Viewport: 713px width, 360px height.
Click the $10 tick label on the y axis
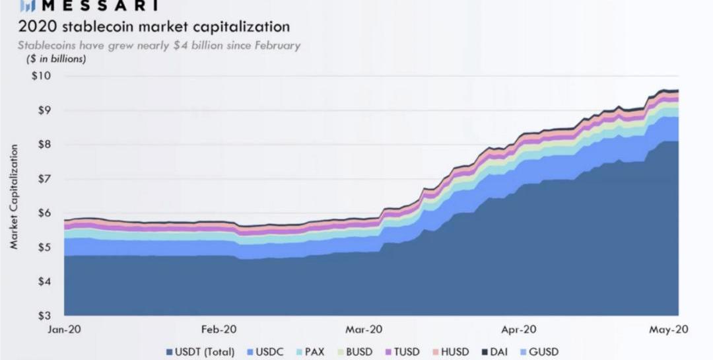tap(42, 75)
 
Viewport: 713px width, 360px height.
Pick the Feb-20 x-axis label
tap(219, 329)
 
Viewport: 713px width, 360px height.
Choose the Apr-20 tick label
tap(519, 329)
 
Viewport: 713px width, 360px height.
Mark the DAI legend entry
tap(499, 352)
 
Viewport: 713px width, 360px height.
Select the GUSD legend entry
tap(541, 352)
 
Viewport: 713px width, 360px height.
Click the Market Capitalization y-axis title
tap(13, 199)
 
